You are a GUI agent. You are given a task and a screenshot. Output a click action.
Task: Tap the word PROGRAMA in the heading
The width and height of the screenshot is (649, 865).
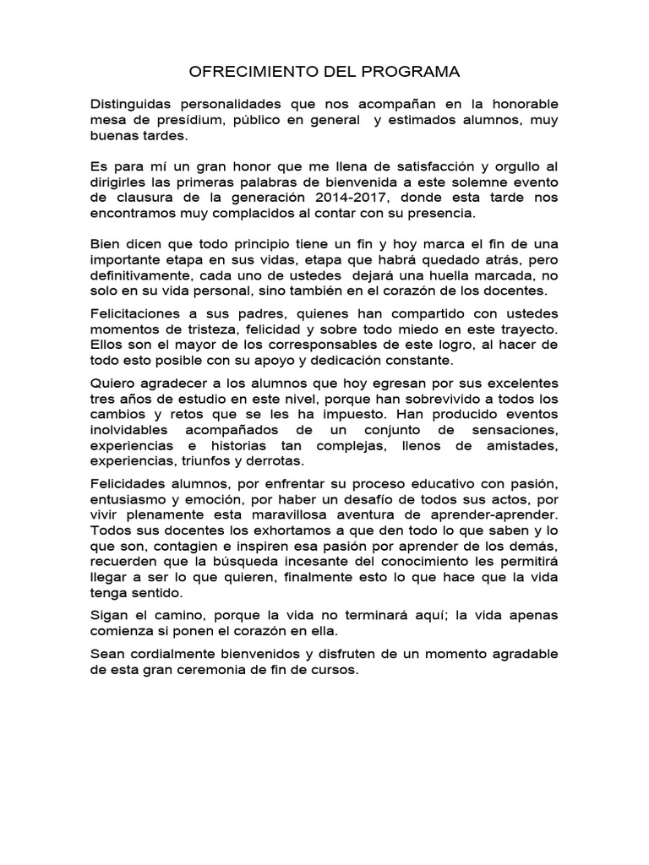(412, 72)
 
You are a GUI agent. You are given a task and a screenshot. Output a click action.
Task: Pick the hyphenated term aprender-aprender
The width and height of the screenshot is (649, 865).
(498, 514)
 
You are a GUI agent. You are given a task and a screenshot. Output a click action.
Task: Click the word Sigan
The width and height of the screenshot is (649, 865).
(109, 615)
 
